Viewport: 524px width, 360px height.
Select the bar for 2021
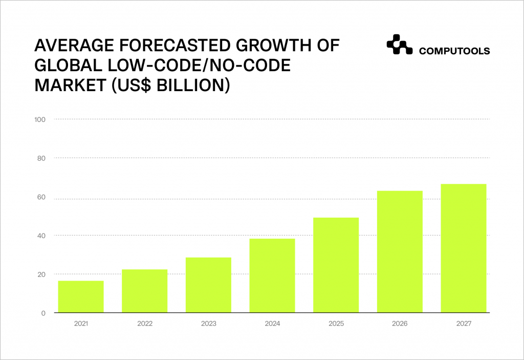[81, 297]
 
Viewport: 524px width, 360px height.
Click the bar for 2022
[144, 291]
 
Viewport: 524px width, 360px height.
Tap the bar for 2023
[208, 285]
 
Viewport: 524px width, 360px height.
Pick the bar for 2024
[272, 276]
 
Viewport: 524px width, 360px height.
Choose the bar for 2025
[336, 265]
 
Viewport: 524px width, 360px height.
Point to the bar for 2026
[400, 251]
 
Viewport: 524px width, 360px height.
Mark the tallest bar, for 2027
[463, 248]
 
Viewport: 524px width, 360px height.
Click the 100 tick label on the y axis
[40, 120]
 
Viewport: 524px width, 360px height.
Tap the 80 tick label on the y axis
[41, 158]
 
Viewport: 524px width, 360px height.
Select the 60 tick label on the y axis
[41, 197]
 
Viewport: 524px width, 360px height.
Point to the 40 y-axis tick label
[41, 236]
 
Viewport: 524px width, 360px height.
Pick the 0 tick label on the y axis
[43, 313]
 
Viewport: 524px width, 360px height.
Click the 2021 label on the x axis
[81, 324]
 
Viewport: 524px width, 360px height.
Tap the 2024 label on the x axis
[272, 324]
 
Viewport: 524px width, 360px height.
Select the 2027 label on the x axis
[463, 324]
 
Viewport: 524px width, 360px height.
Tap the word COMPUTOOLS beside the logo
[454, 51]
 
